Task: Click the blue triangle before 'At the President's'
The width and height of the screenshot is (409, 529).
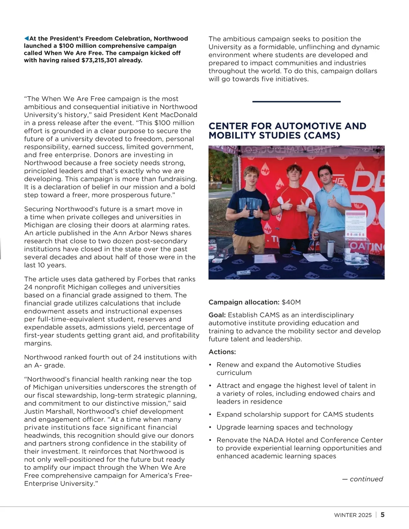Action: coord(26,38)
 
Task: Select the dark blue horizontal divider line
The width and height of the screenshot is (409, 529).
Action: coord(296,102)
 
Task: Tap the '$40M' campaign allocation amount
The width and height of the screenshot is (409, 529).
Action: coord(291,302)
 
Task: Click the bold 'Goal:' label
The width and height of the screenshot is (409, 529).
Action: coord(217,315)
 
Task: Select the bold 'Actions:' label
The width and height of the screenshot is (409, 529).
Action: coord(222,352)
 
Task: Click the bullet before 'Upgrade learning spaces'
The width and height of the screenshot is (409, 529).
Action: coord(210,427)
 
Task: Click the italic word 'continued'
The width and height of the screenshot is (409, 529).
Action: coord(366,479)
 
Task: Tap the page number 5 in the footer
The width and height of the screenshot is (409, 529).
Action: coord(382,515)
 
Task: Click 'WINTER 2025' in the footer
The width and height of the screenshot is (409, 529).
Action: coord(353,515)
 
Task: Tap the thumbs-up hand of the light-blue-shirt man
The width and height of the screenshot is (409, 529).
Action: coord(331,202)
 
